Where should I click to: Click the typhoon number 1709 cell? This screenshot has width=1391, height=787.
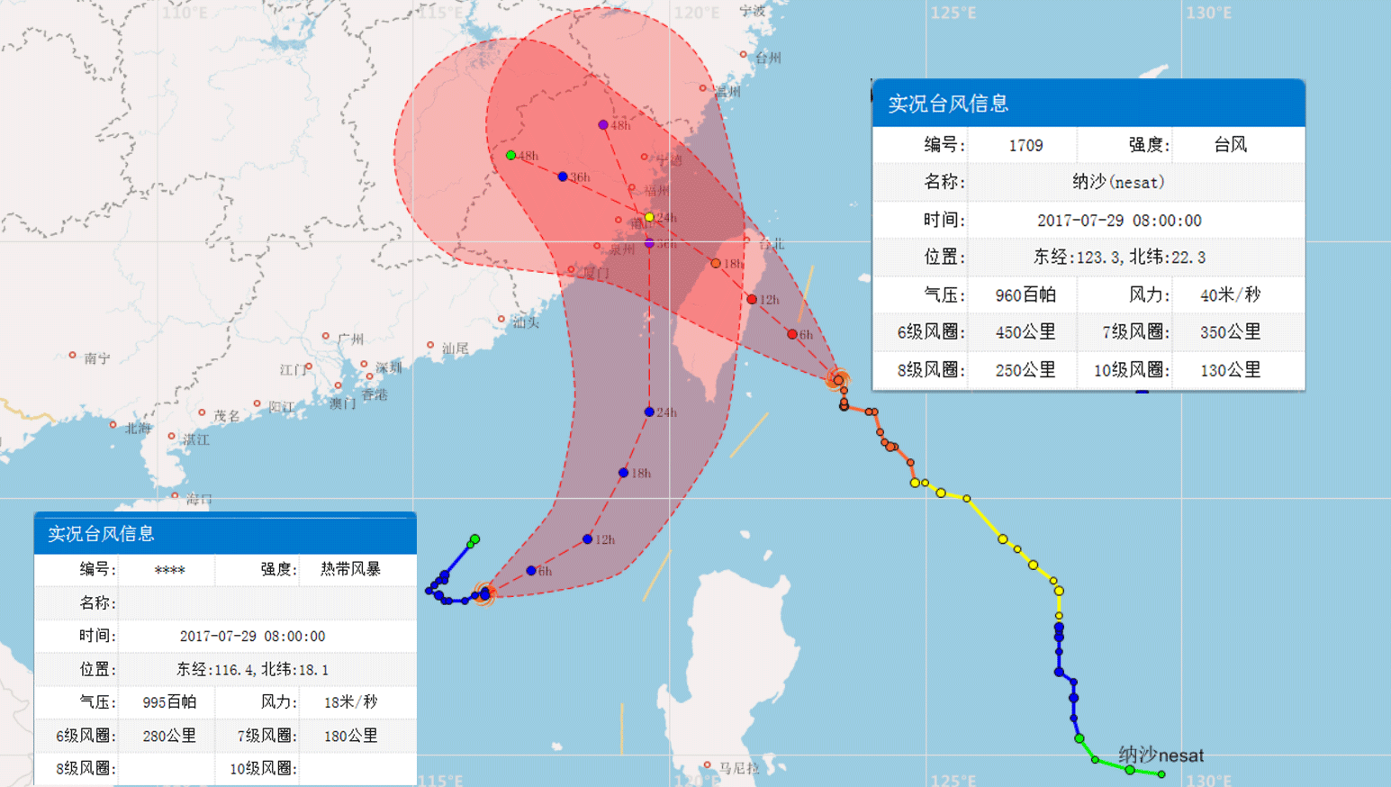1025,145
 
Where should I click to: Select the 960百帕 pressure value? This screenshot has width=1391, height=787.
1025,294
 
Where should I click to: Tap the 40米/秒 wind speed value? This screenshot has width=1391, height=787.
1230,294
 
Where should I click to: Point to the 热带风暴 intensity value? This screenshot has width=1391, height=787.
350,569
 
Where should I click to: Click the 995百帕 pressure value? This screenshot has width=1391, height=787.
169,702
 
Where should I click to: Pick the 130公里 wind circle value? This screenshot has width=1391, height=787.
1230,369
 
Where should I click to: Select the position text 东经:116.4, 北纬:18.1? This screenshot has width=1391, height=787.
252,669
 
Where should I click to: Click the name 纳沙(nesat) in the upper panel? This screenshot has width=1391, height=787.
1118,182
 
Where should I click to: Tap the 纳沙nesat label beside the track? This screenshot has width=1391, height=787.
1161,755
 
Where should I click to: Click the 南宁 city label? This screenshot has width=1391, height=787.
96,358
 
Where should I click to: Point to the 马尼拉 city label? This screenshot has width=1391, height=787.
739,768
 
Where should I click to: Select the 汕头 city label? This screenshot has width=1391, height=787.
525,321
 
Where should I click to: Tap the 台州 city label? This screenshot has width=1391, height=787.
767,58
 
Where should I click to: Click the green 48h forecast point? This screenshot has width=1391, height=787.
510,156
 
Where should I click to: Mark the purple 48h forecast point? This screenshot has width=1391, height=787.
603,125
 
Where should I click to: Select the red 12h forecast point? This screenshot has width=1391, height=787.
752,299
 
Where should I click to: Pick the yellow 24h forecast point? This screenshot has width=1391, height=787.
649,217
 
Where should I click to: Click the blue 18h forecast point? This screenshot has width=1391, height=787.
623,473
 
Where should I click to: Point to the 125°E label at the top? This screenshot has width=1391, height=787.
953,13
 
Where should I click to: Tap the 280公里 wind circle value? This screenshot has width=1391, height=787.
169,736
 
